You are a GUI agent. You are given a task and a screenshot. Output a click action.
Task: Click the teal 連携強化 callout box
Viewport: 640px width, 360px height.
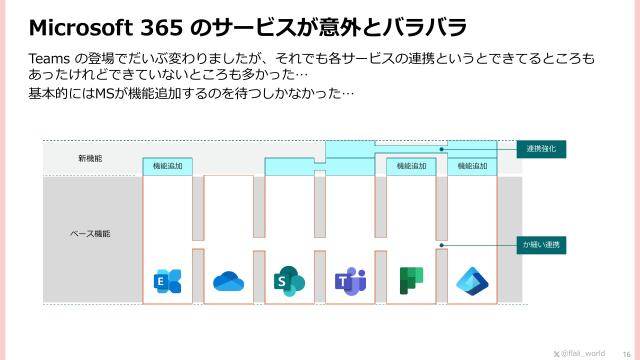(x=541, y=148)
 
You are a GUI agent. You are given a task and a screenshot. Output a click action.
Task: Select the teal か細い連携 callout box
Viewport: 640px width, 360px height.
(x=541, y=244)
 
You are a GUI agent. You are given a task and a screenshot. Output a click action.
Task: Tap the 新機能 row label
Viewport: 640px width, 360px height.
(x=90, y=159)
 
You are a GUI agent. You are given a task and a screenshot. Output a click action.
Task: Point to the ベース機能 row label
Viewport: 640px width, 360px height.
(x=90, y=233)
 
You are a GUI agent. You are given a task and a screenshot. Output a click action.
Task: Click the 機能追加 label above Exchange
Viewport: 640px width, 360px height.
(x=167, y=166)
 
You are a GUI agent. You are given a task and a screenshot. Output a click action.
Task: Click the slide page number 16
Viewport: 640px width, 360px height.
(x=626, y=353)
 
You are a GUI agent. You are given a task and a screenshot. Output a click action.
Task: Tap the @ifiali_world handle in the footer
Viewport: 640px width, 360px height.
(x=585, y=353)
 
